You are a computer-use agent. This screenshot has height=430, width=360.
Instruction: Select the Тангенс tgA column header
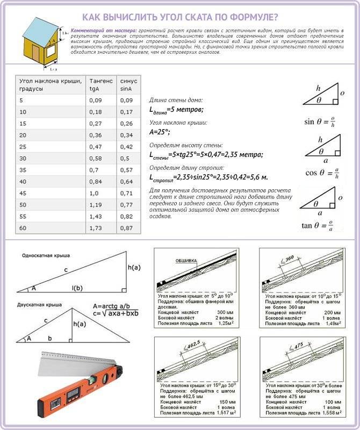tap(101, 84)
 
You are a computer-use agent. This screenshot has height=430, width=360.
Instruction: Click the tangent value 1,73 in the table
tap(97, 228)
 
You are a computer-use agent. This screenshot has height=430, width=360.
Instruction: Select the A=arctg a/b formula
tap(112, 305)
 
